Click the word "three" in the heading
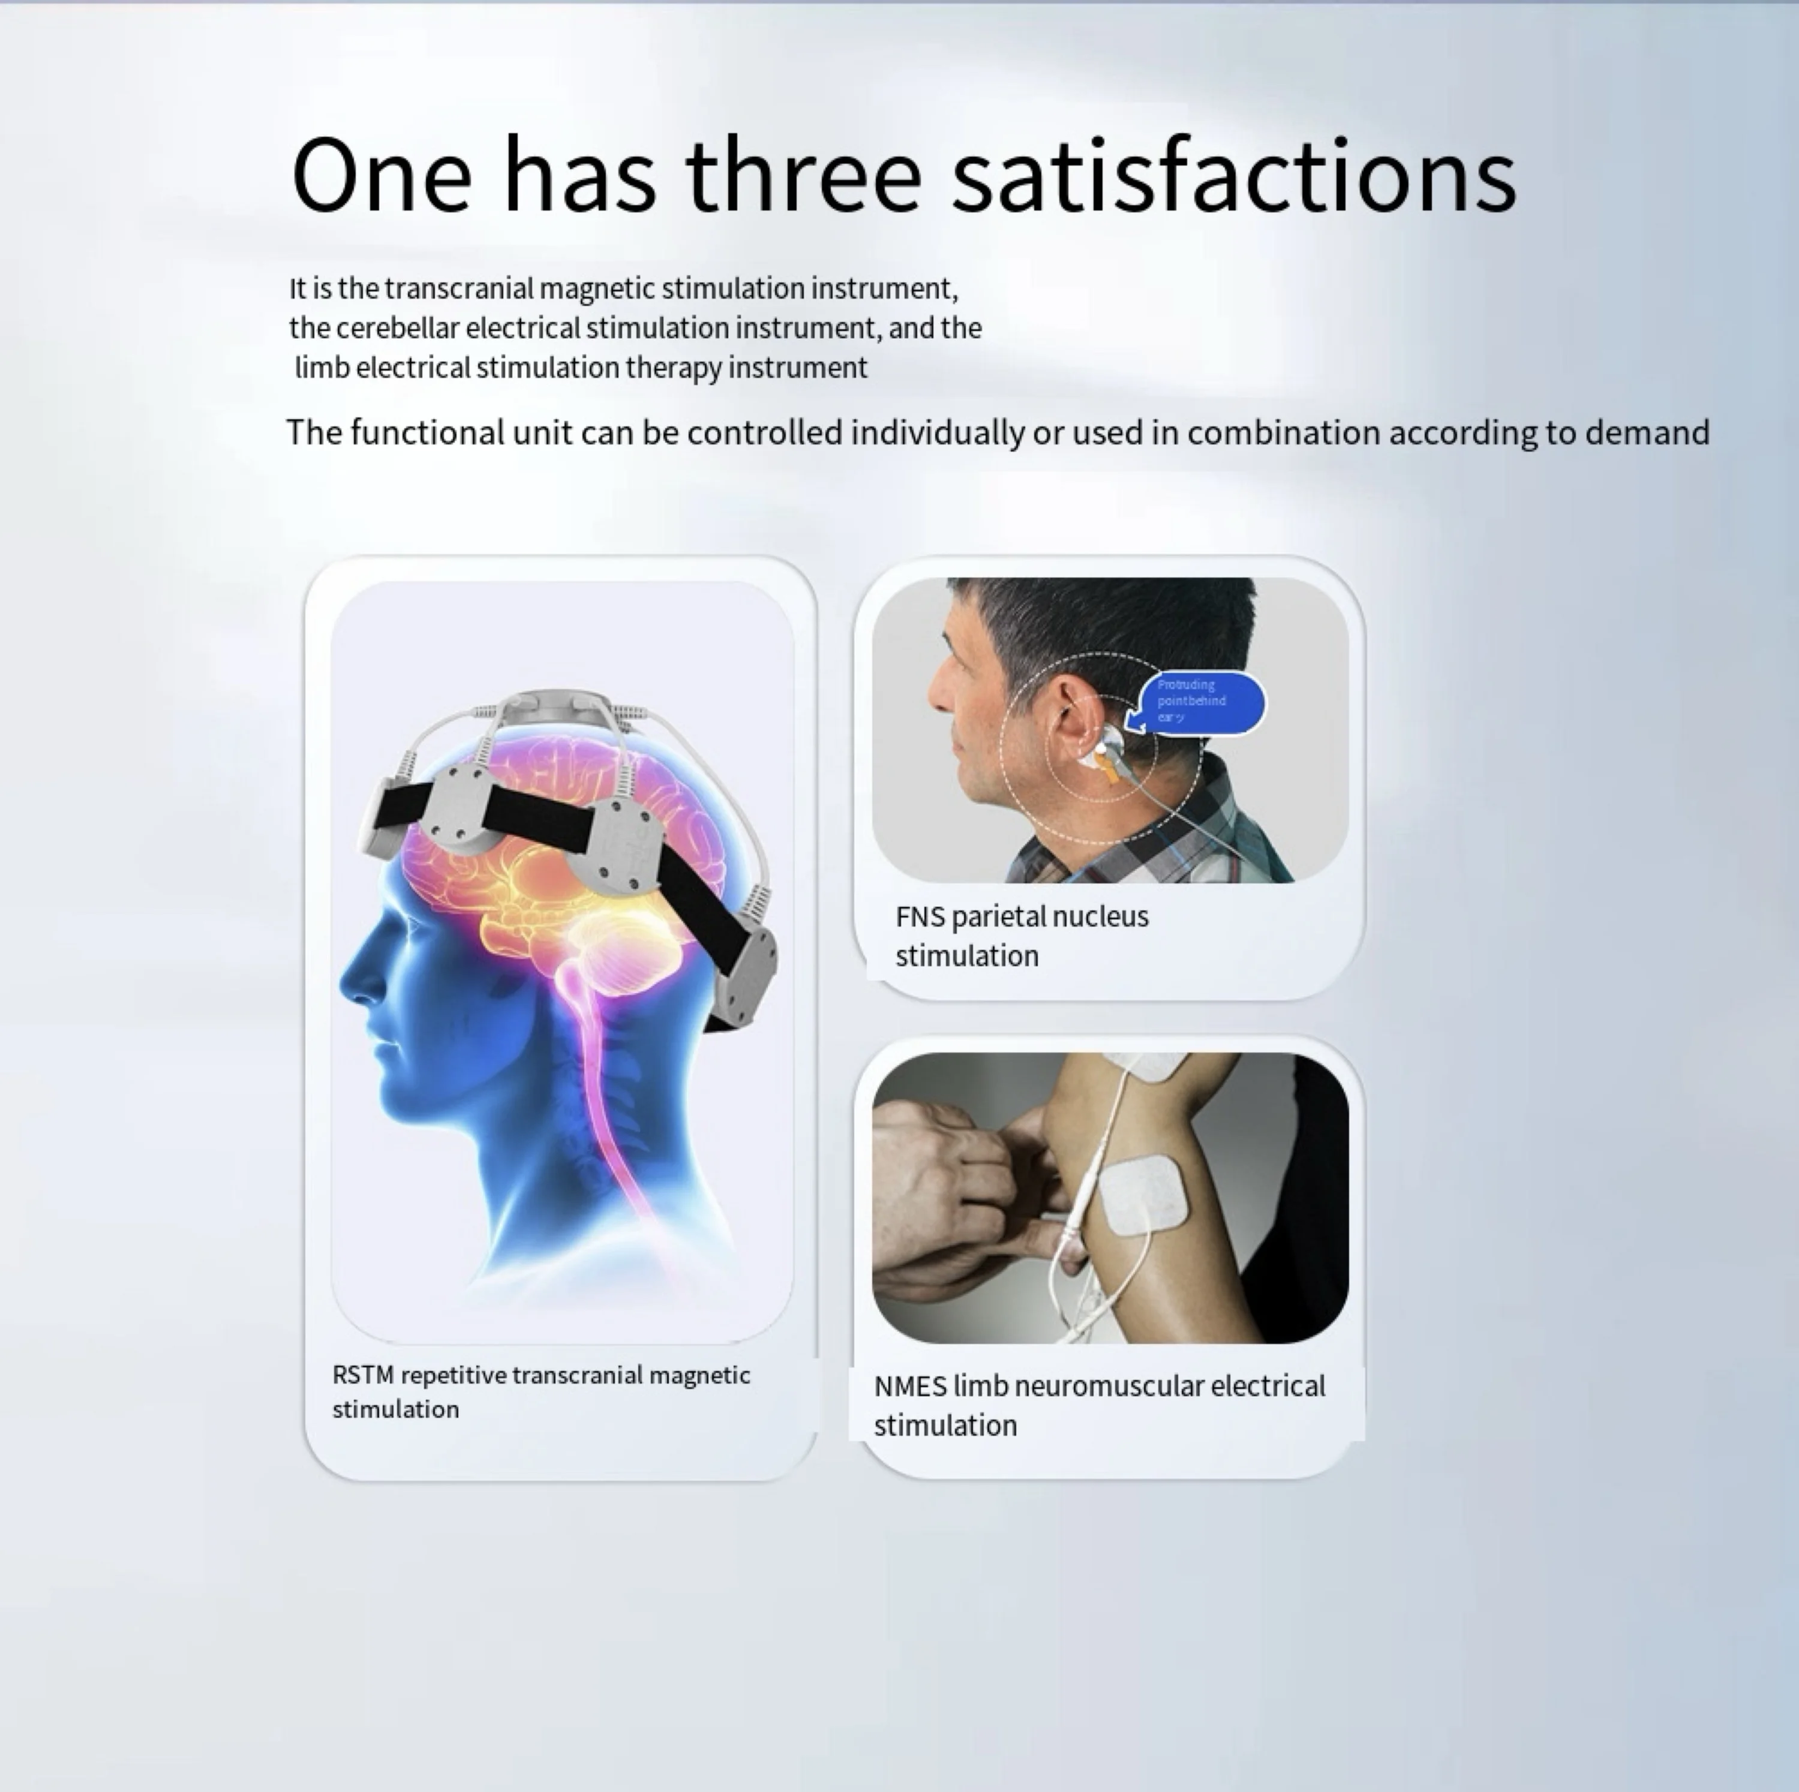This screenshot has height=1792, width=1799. pos(804,175)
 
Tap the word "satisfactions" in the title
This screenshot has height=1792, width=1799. pos(1234,175)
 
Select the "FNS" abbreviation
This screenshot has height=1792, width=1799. pos(920,917)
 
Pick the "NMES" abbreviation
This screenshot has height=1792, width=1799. pos(910,1386)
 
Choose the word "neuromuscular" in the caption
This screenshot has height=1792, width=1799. pos(1108,1386)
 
